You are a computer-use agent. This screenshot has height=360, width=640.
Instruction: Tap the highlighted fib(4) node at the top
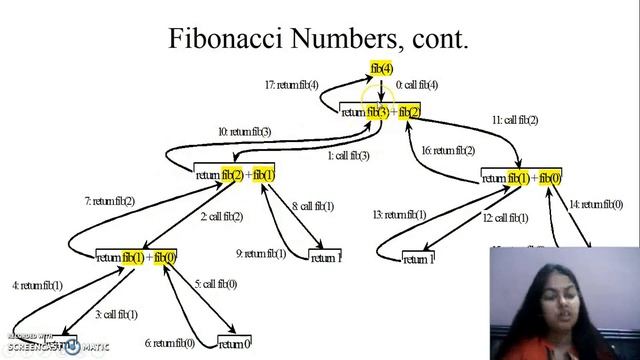[x=381, y=68]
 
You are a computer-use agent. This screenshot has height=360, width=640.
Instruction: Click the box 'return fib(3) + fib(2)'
[x=381, y=111]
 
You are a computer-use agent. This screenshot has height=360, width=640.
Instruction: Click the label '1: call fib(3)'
[x=349, y=156]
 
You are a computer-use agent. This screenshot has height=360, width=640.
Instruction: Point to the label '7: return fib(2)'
[x=109, y=201]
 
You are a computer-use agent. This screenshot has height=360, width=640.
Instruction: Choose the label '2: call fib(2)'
[x=221, y=216]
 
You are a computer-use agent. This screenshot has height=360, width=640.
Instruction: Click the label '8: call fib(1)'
[x=313, y=206]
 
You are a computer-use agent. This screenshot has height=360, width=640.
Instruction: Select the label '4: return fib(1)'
[x=37, y=285]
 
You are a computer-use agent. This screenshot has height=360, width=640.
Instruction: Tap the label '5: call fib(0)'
[x=216, y=284]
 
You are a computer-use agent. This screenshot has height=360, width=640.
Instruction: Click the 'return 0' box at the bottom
[x=234, y=344]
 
